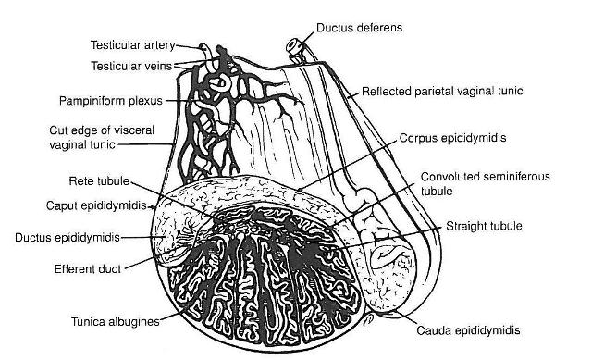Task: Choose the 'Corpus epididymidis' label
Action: (x=450, y=136)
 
